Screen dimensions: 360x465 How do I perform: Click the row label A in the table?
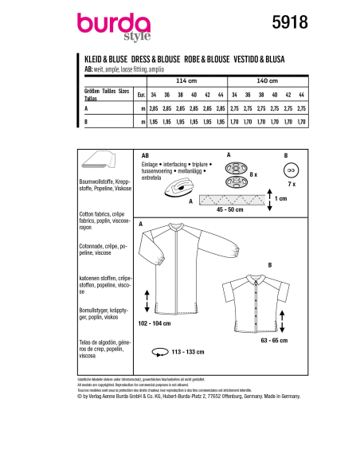click(x=85, y=105)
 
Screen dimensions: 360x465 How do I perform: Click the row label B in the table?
click(x=85, y=123)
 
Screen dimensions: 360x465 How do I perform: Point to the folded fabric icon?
click(x=100, y=160)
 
